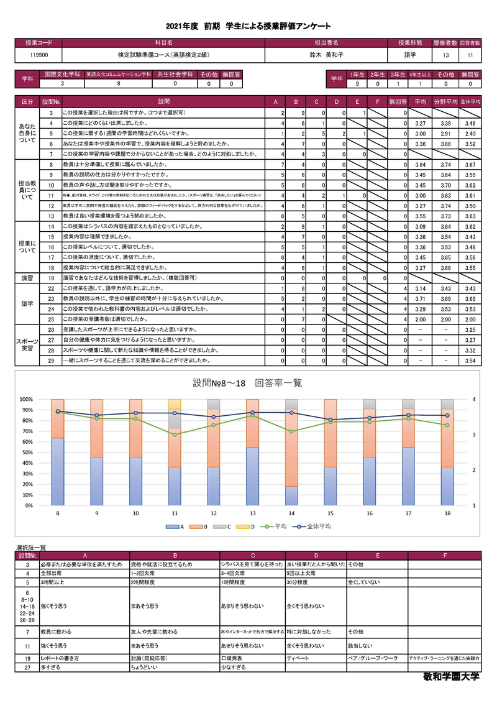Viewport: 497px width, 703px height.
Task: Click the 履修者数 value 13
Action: click(x=445, y=55)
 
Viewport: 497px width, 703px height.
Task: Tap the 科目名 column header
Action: click(x=163, y=43)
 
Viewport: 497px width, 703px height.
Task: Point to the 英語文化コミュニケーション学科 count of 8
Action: click(x=119, y=83)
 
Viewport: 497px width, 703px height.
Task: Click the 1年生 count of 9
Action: click(x=357, y=83)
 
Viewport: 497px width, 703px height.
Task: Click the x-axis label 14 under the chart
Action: click(x=291, y=513)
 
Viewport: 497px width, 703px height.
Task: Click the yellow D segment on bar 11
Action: click(x=175, y=404)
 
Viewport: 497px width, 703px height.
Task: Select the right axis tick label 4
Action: click(x=474, y=399)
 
